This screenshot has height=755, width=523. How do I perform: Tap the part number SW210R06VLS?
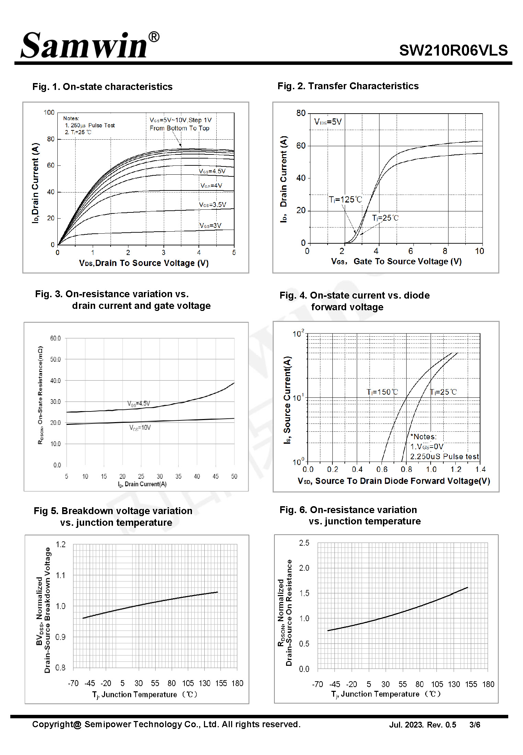pos(453,50)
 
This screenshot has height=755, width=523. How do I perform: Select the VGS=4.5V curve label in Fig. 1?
pos(212,171)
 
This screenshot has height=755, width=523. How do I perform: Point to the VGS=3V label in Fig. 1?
pos(211,225)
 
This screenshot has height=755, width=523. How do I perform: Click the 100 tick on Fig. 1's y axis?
pos(49,113)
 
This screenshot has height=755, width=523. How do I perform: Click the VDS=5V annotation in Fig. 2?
pos(328,122)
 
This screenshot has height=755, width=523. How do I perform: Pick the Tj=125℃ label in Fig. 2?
pos(345,199)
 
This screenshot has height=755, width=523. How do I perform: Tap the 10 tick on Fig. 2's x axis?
pos(479,251)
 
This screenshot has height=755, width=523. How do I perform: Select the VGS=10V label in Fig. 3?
pos(140,428)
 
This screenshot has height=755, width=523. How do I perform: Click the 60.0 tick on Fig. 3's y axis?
pos(55,338)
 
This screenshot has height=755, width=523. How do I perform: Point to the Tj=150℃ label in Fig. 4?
pos(382,392)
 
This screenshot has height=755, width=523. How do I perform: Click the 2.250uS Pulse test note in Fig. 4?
pos(444,456)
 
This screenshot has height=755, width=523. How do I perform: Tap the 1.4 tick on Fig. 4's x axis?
pos(480,469)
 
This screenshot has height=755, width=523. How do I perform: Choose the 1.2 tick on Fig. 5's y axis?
pos(61,544)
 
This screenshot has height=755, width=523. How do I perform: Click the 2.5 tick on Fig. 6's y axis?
pos(304,543)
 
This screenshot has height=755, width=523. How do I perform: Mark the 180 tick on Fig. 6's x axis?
pos(488,684)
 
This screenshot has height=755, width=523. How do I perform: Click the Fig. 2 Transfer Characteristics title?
pos(348,86)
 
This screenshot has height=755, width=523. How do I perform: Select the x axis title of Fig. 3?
pos(142,484)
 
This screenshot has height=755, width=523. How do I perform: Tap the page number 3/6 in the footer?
pos(475,725)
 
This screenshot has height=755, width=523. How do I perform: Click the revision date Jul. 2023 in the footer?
pos(406,725)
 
